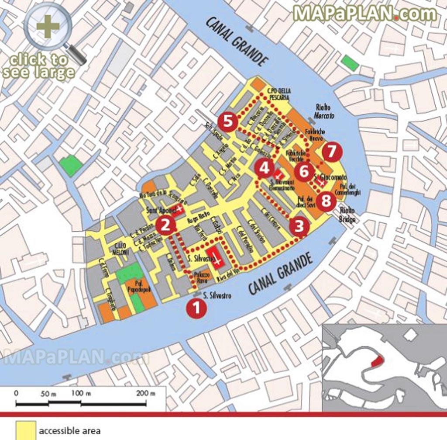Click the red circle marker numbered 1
pos(196,308)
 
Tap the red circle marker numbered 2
pos(165,225)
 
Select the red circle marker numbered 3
pos(299,226)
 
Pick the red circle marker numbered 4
pos(265,168)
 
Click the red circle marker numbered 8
pos(326,201)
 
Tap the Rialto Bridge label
pos(348,215)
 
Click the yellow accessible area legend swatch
pos(25,430)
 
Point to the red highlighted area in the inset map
pos(377,360)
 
